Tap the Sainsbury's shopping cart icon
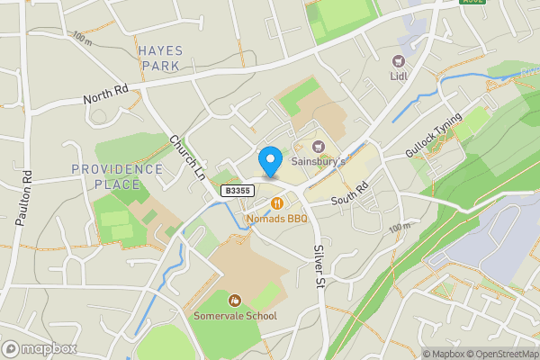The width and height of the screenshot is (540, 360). pyautogui.click(x=317, y=146)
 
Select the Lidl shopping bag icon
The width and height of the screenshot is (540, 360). pyautogui.click(x=398, y=61)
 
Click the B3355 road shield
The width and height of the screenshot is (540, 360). pyautogui.click(x=238, y=191)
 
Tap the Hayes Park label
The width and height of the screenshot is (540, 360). pyautogui.click(x=161, y=58)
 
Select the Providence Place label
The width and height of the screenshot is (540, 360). pyautogui.click(x=118, y=176)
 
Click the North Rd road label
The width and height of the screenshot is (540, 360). pyautogui.click(x=107, y=96)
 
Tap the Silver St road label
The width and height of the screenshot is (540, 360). pyautogui.click(x=319, y=266)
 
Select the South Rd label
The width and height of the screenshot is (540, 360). pyautogui.click(x=350, y=191)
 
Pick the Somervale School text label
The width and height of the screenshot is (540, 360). pyautogui.click(x=235, y=316)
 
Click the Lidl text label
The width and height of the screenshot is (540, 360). pyautogui.click(x=398, y=76)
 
